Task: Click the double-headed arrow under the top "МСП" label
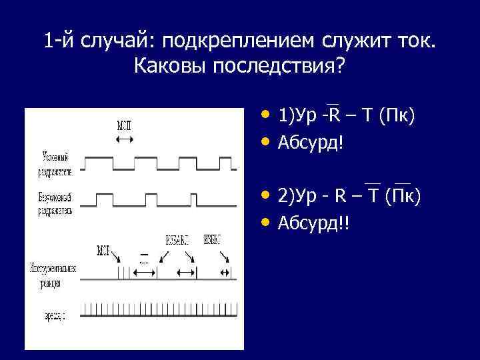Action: click(x=124, y=139)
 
